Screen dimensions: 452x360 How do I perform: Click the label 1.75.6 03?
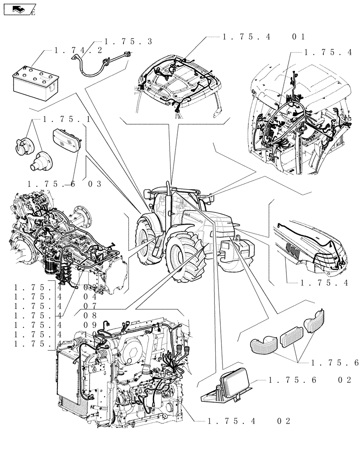coord(63,184)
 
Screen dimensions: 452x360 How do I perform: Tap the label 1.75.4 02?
coord(247,421)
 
